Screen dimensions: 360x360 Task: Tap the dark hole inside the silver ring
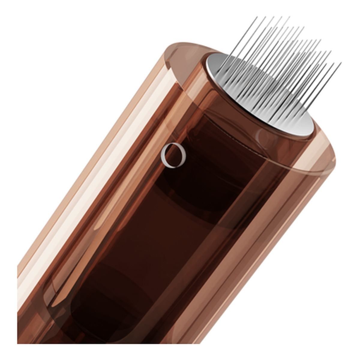point(174,155)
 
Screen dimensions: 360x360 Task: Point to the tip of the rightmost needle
point(341,63)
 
